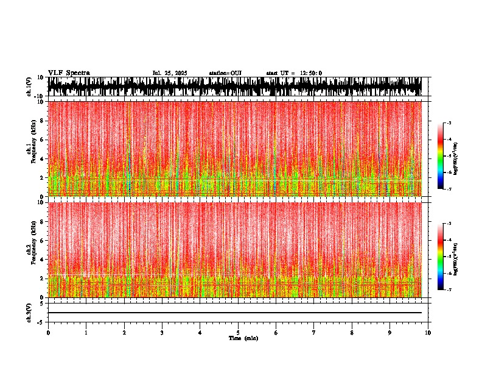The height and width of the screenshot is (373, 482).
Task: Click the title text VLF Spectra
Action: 69,73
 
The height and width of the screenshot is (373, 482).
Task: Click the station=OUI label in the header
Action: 225,73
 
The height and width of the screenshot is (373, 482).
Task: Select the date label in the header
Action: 170,73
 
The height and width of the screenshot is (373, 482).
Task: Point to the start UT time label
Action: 294,73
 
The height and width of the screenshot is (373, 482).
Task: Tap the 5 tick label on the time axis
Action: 238,333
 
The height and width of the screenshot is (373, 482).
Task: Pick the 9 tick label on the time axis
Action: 390,333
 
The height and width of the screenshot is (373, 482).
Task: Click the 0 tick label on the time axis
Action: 48,333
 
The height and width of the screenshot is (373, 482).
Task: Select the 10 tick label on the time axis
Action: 428,333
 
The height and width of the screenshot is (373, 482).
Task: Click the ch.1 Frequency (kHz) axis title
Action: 31,149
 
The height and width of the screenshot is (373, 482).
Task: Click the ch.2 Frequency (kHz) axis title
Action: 31,249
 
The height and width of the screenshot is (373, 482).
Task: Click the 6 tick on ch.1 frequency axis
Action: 43,140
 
